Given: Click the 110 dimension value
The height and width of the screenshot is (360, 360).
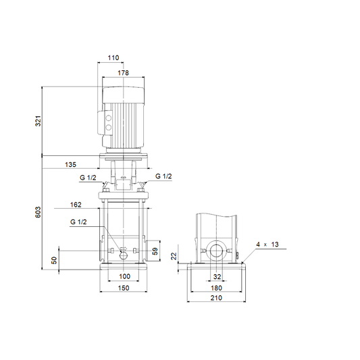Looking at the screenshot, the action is tap(113, 57).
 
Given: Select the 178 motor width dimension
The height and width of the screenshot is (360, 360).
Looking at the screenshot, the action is tap(124, 73).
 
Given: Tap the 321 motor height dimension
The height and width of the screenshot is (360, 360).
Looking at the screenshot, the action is tap(38, 121).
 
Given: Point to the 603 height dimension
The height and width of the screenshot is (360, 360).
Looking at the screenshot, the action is tap(38, 212).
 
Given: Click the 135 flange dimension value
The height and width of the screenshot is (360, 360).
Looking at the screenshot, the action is tap(70, 165).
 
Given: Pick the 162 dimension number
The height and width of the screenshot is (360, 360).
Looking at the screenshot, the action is tap(76, 205).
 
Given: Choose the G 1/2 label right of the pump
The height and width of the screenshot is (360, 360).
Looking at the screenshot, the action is tap(163, 176).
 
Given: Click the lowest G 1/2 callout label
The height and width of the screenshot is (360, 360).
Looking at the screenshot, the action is tap(78, 222).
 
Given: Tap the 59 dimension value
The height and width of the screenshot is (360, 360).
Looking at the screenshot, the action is tap(155, 251).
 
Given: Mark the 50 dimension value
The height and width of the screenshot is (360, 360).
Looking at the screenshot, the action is tap(54, 260).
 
